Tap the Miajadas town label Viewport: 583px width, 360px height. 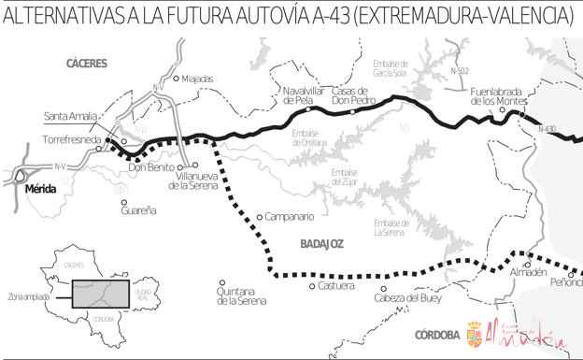198,79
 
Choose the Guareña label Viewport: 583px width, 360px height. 138,210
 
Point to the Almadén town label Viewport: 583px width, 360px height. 527,272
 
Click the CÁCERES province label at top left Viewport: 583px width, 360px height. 87,64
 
